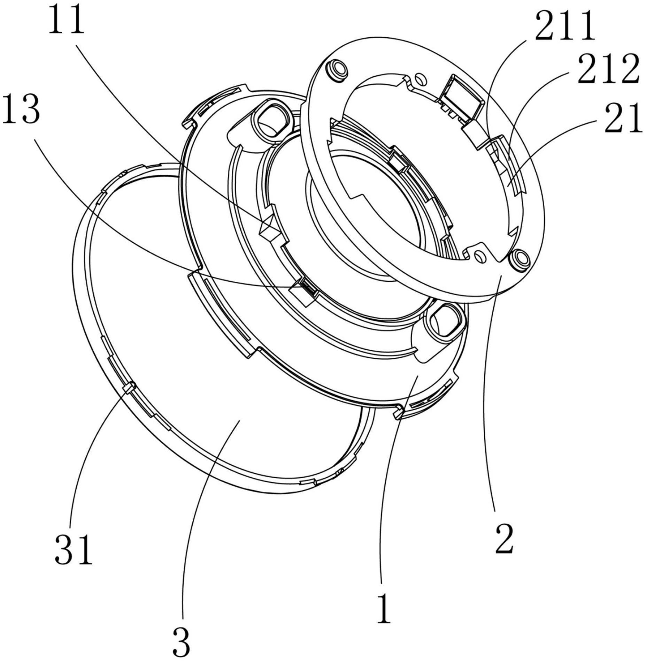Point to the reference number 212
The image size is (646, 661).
tap(608, 69)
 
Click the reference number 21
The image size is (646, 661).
tap(623, 117)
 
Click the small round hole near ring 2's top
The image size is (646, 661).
tap(421, 77)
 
